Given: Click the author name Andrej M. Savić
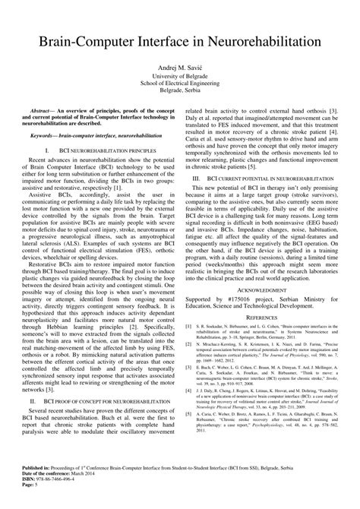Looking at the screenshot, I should pos(180,67).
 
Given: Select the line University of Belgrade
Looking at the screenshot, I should pos(180,76).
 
